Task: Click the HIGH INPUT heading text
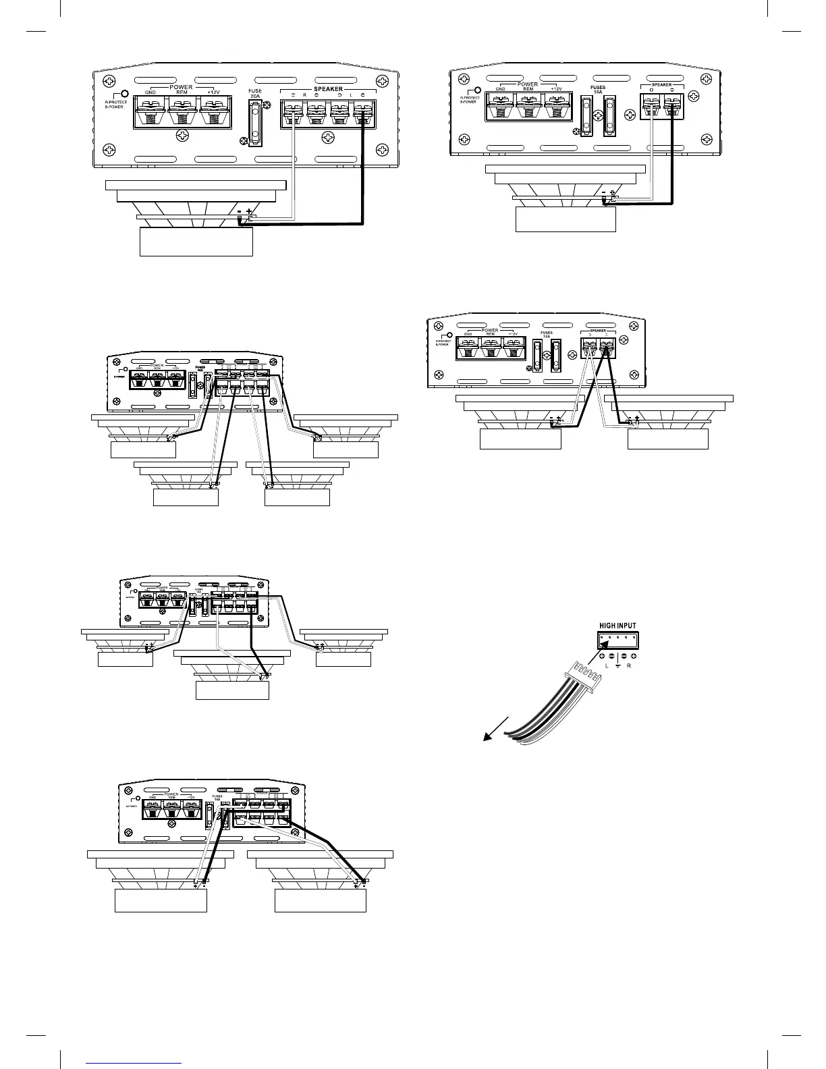tap(617, 625)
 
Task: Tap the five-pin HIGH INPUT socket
tap(617, 639)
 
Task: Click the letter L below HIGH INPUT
tap(605, 665)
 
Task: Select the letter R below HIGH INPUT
tap(629, 665)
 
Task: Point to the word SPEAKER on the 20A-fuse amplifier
tap(328, 88)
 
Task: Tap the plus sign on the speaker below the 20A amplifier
tap(250, 211)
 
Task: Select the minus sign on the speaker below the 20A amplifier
tap(239, 211)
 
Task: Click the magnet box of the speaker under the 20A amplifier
tap(196, 242)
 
